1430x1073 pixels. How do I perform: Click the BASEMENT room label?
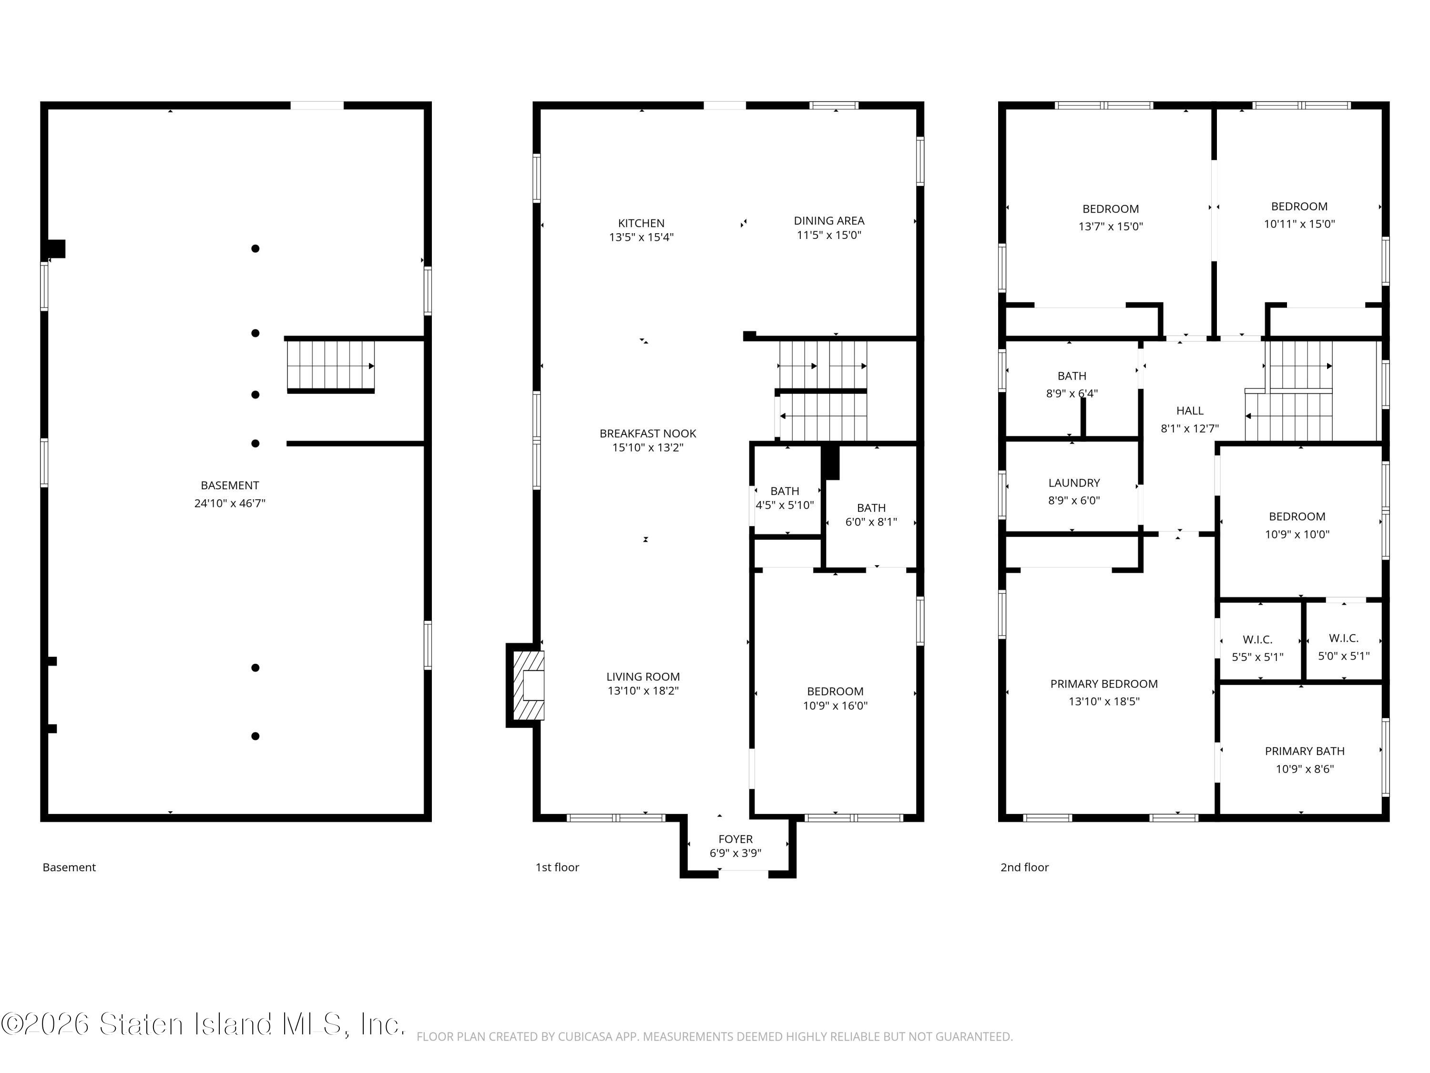pos(229,485)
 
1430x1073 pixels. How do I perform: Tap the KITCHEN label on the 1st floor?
pos(641,223)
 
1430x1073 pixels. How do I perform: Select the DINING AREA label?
pos(829,220)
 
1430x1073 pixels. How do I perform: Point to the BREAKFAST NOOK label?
pos(648,433)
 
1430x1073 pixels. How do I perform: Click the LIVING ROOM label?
pos(643,677)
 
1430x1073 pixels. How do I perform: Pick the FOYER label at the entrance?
pos(735,839)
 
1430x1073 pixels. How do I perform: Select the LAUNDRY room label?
pos(1074,483)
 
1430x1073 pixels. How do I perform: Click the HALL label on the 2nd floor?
pos(1189,411)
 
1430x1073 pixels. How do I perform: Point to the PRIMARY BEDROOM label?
pos(1103,684)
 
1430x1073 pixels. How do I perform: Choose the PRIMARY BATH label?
pos(1305,751)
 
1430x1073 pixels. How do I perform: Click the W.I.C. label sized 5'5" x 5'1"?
pos(1257,640)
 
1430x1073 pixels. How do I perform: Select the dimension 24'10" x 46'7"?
pos(229,503)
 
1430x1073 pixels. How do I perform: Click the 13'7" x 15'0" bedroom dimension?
pos(1111,227)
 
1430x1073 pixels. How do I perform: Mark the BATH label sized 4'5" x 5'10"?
pos(785,491)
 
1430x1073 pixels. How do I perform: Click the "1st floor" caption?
pos(557,867)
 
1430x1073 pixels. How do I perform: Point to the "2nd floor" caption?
pos(1025,867)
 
